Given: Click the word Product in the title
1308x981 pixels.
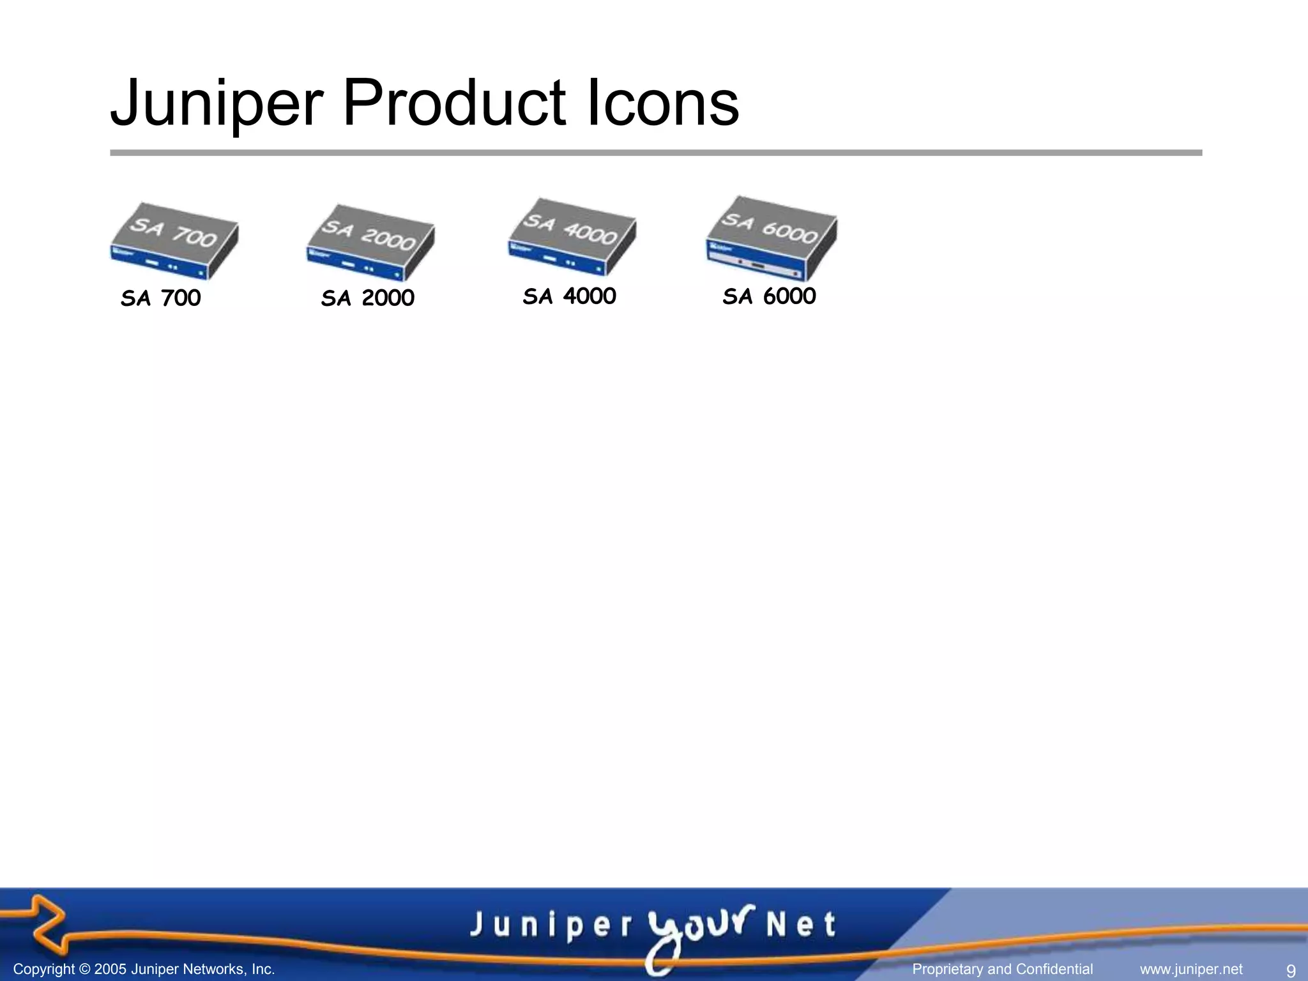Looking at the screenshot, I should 454,102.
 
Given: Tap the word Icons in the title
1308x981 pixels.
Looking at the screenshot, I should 662,102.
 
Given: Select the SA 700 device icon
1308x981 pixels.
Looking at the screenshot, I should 174,241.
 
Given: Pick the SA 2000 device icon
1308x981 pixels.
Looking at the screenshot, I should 370,243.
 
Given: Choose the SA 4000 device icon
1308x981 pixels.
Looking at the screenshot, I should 572,237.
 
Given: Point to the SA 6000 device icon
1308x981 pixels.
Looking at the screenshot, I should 772,238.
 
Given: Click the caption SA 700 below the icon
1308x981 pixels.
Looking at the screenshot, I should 161,298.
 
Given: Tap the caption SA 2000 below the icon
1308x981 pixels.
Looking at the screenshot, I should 368,298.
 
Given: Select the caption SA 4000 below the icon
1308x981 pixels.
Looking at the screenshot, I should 570,296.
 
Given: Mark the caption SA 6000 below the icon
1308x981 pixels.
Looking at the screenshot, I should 770,296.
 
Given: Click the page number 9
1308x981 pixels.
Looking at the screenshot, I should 1290,971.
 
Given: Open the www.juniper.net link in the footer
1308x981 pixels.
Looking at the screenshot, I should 1191,969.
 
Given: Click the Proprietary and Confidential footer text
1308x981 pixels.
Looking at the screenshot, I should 1003,969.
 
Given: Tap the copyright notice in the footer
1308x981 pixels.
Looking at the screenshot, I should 144,969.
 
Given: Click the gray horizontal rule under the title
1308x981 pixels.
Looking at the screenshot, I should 656,153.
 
